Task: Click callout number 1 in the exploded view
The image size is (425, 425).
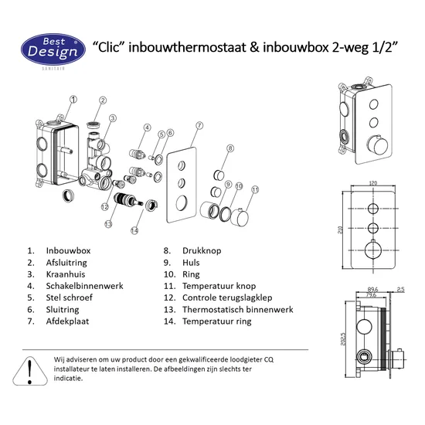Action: tap(73, 99)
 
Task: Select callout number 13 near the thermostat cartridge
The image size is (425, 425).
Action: tap(108, 224)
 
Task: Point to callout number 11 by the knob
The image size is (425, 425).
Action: tap(256, 189)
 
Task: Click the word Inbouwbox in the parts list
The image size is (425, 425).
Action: tap(69, 251)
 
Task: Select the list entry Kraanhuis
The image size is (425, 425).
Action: tap(68, 274)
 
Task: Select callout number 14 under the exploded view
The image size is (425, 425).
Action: tap(134, 229)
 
